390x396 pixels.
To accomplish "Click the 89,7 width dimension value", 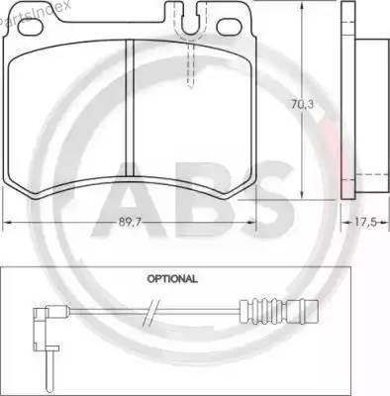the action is (130, 223).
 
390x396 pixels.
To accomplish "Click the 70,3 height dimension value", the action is (302, 104).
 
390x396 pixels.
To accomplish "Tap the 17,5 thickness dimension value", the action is (365, 222).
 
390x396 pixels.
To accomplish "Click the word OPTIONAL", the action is (172, 279).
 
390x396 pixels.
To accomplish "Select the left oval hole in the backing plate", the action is (30, 27).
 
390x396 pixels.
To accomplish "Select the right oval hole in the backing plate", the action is (230, 27).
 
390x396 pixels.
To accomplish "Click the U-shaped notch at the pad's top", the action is (191, 20).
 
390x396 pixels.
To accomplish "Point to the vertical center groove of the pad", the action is (130, 108).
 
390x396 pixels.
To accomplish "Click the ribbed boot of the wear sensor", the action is (264, 311).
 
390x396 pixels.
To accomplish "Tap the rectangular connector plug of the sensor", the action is (302, 311).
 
